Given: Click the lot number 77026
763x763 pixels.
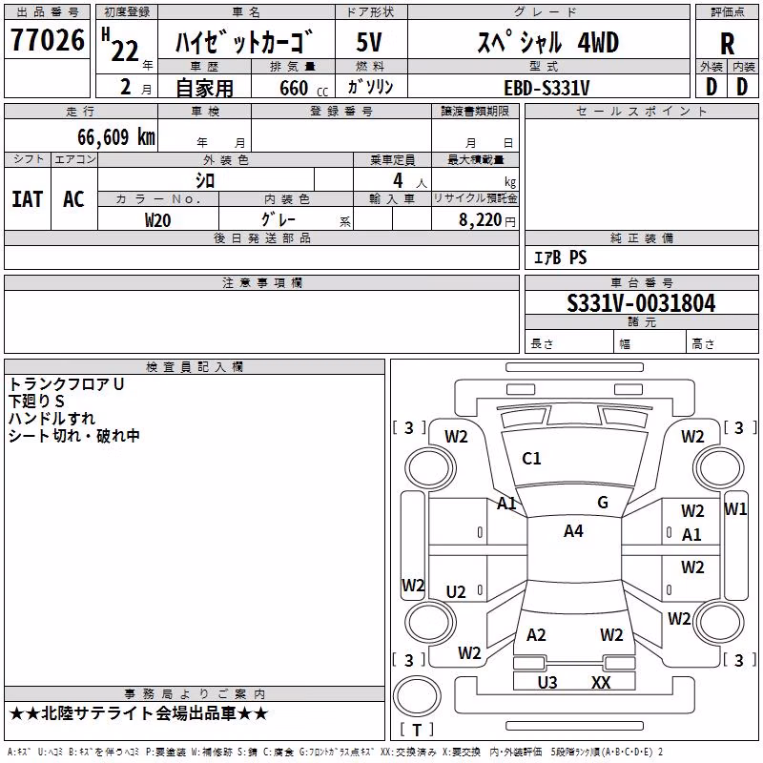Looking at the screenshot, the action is point(48,39).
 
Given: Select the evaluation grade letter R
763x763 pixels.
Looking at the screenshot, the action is point(727,44).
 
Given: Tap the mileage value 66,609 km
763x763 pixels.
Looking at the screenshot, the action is point(116,136).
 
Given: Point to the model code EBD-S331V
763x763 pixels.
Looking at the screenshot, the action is point(546,88).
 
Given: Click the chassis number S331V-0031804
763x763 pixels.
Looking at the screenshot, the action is point(641,303).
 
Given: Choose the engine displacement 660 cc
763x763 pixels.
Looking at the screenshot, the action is point(303,88).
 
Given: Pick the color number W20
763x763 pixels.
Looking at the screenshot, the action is point(157,220).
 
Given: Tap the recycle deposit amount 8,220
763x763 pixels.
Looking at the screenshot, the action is point(481,219).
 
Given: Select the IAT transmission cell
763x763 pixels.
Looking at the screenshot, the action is point(28,199).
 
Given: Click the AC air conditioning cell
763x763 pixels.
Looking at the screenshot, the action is point(73,199).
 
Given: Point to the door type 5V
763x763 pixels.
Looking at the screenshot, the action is point(369,42).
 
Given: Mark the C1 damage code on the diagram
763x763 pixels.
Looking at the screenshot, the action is point(531,459).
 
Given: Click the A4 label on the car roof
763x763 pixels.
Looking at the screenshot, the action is point(573,531).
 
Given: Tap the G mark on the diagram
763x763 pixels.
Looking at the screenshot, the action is point(603,503).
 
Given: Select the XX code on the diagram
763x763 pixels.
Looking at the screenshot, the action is point(601,683).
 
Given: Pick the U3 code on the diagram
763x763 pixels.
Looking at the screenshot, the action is point(547,683).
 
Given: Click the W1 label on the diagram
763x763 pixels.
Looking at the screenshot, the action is point(734,509).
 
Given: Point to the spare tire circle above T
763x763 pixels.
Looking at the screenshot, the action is point(417,696).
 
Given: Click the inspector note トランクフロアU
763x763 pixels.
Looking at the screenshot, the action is point(66,384).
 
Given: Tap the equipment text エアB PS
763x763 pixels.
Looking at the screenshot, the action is point(561,258).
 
